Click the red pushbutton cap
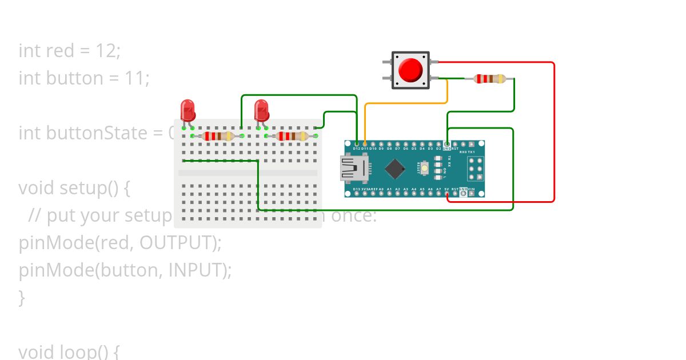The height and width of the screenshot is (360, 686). click(x=410, y=70)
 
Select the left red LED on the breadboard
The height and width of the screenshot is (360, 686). click(x=188, y=110)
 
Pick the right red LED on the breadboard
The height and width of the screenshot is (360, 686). click(x=261, y=110)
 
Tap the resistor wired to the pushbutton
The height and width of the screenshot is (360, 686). click(x=490, y=78)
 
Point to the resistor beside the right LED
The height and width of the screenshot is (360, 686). click(x=291, y=136)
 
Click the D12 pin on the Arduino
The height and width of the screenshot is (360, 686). click(x=357, y=143)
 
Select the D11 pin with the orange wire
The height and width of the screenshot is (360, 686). click(x=365, y=143)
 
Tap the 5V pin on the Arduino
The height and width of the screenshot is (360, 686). click(x=447, y=194)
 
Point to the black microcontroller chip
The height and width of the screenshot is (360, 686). click(x=395, y=169)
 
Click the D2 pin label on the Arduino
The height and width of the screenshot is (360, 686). click(x=438, y=149)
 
